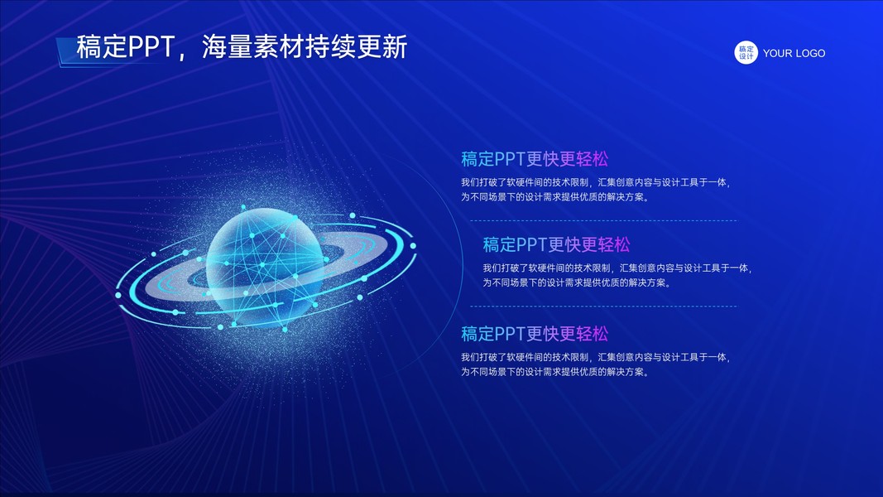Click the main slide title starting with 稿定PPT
[242, 46]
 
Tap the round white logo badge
[746, 52]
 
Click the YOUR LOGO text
[794, 53]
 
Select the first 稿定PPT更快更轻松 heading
[535, 159]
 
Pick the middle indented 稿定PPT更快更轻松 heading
[556, 244]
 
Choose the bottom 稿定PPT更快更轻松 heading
[535, 334]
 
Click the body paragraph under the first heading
[596, 190]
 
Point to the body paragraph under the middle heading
[617, 275]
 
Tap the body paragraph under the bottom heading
[596, 364]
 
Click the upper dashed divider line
[603, 221]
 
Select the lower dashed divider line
[603, 306]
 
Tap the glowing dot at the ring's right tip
[413, 246]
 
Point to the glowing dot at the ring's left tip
[118, 295]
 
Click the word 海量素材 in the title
[253, 46]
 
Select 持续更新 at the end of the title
[357, 46]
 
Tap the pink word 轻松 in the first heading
[592, 159]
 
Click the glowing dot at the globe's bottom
[285, 330]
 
